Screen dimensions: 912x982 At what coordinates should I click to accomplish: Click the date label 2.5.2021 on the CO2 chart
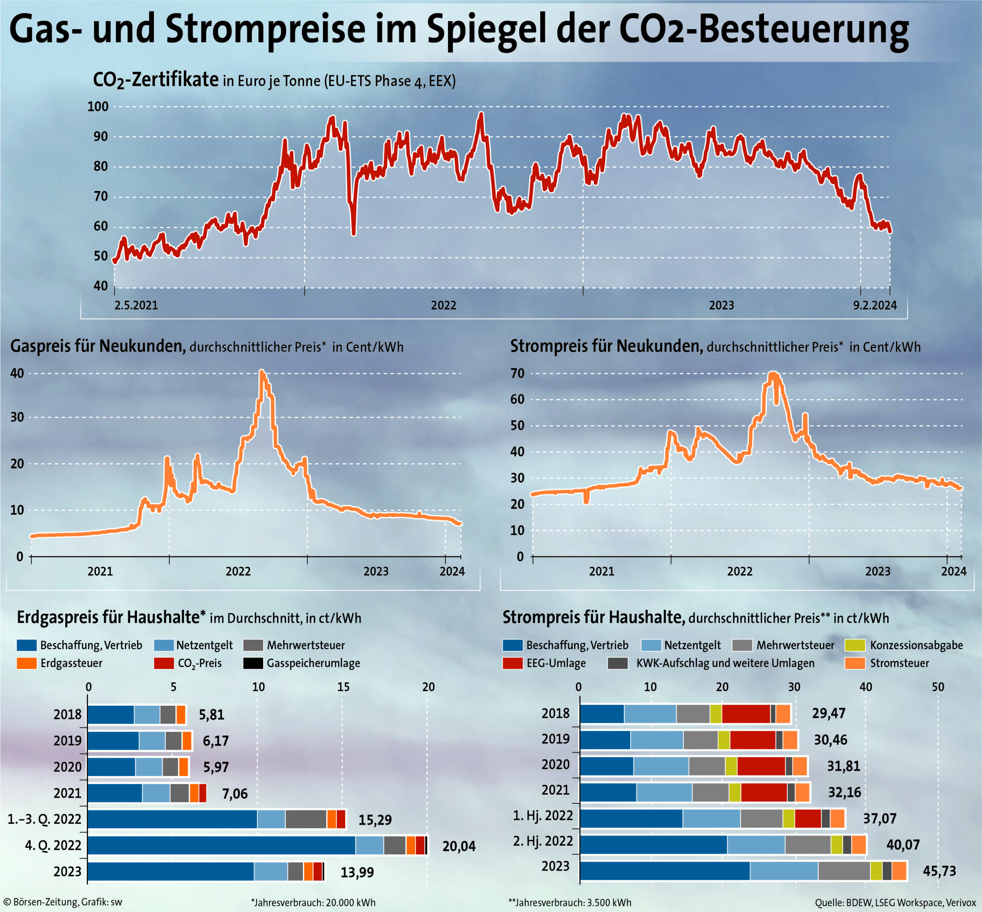[x=136, y=306]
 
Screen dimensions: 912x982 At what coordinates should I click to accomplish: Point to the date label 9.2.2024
[x=875, y=306]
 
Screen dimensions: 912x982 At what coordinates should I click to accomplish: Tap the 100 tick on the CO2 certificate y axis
[x=98, y=107]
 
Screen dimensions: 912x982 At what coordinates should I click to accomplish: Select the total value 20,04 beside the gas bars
[x=459, y=846]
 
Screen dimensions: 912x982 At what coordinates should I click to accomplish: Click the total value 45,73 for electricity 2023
[x=939, y=871]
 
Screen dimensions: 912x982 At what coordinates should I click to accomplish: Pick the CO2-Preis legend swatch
[x=163, y=663]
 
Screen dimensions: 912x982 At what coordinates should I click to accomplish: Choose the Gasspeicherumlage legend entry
[x=313, y=663]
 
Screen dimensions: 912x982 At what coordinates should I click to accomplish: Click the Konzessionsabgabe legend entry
[x=916, y=645]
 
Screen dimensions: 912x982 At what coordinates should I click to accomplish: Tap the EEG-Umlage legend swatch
[x=512, y=663]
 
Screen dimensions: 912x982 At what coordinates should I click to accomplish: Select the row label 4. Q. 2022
[x=53, y=845]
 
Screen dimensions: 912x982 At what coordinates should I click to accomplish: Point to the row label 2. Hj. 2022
[x=542, y=841]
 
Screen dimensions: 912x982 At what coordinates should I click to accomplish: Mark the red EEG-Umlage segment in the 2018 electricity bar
[x=745, y=714]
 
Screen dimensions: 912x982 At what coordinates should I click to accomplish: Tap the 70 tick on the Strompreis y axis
[x=517, y=374]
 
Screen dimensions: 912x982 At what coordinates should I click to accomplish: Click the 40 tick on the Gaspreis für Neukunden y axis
[x=17, y=374]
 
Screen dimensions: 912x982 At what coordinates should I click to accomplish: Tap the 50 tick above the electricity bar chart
[x=938, y=687]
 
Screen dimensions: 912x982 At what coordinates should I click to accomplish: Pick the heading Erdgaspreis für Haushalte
[x=111, y=618]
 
